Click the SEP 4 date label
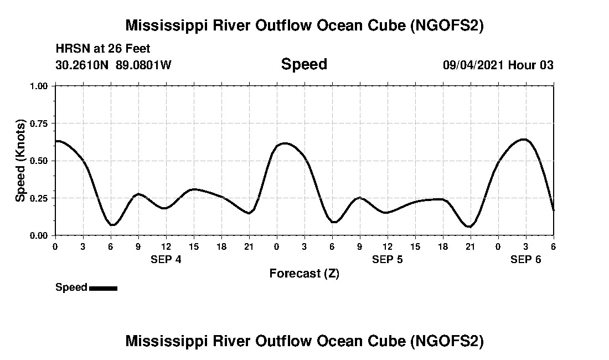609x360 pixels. (166, 259)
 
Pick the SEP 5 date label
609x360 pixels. (387, 259)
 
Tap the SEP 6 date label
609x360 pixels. (525, 259)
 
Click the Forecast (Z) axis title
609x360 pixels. (304, 273)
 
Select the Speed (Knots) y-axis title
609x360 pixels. (20, 161)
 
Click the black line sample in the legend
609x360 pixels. (103, 288)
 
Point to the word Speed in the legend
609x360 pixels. (71, 287)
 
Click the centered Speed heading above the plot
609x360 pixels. (304, 64)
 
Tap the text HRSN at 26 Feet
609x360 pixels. (103, 49)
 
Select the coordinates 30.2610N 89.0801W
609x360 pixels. (113, 65)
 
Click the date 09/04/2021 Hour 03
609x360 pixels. (498, 65)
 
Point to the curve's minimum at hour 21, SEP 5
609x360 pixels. (469, 227)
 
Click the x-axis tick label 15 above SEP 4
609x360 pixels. (193, 246)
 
